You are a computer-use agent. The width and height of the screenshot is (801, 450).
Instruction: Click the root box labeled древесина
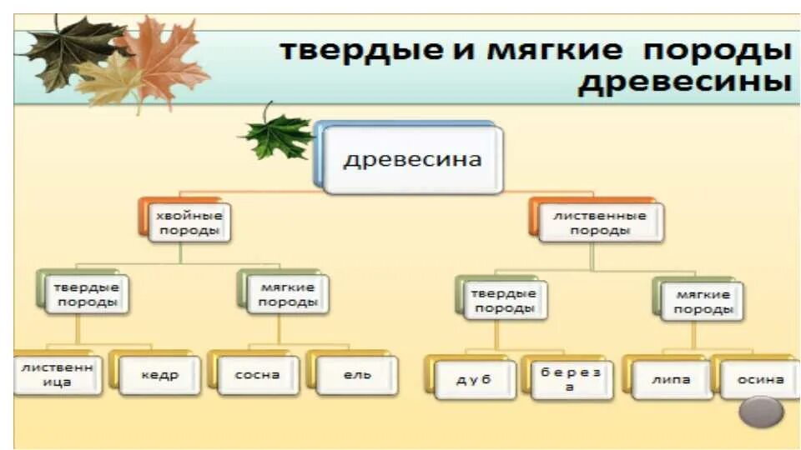(x=412, y=159)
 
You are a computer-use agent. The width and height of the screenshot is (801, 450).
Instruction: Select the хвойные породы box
(x=189, y=222)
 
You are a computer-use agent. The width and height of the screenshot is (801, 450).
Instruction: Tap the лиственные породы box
(x=600, y=222)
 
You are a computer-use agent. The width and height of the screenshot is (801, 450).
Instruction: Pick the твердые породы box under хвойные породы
(x=86, y=294)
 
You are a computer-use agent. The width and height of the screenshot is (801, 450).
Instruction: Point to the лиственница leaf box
(x=57, y=374)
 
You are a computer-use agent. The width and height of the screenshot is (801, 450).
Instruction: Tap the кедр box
(x=159, y=375)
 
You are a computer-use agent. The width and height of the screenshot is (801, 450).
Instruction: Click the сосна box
(x=258, y=375)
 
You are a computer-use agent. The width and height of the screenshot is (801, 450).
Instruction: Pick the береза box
(x=569, y=380)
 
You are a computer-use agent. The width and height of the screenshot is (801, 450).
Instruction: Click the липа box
(x=672, y=380)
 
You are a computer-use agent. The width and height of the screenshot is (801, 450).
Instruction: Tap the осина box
(x=760, y=380)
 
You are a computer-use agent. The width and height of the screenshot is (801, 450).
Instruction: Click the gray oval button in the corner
(x=762, y=412)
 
